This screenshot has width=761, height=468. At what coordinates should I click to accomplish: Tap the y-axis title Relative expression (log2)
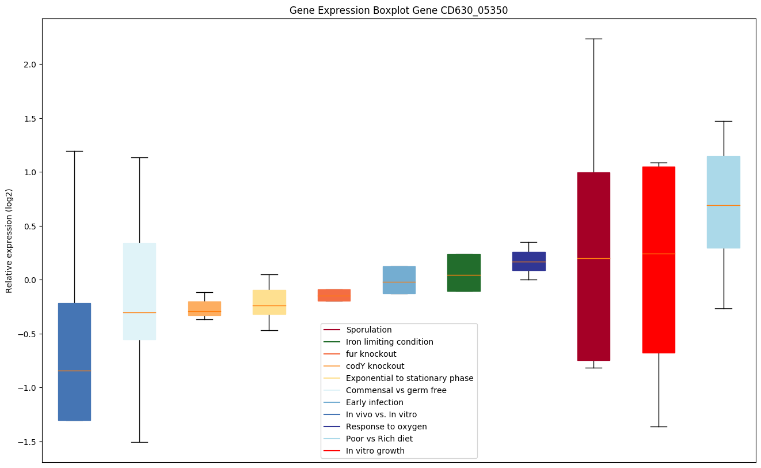coord(9,241)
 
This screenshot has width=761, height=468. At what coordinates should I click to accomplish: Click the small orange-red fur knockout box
coord(334,295)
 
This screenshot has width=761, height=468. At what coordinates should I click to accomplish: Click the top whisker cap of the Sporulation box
coord(593,39)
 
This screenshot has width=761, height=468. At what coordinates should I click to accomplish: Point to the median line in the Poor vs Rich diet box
coord(723,205)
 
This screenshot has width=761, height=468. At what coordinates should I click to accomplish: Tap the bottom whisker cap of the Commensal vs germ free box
coord(139,442)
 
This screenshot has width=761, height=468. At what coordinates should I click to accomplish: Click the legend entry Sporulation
coord(368,330)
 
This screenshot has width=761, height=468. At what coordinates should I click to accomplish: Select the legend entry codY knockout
coord(375,367)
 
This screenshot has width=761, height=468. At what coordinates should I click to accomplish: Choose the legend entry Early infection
coord(374,403)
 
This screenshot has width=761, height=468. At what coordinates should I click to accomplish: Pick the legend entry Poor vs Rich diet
coord(379,439)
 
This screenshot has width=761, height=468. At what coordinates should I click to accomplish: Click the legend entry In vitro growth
coord(375,451)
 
